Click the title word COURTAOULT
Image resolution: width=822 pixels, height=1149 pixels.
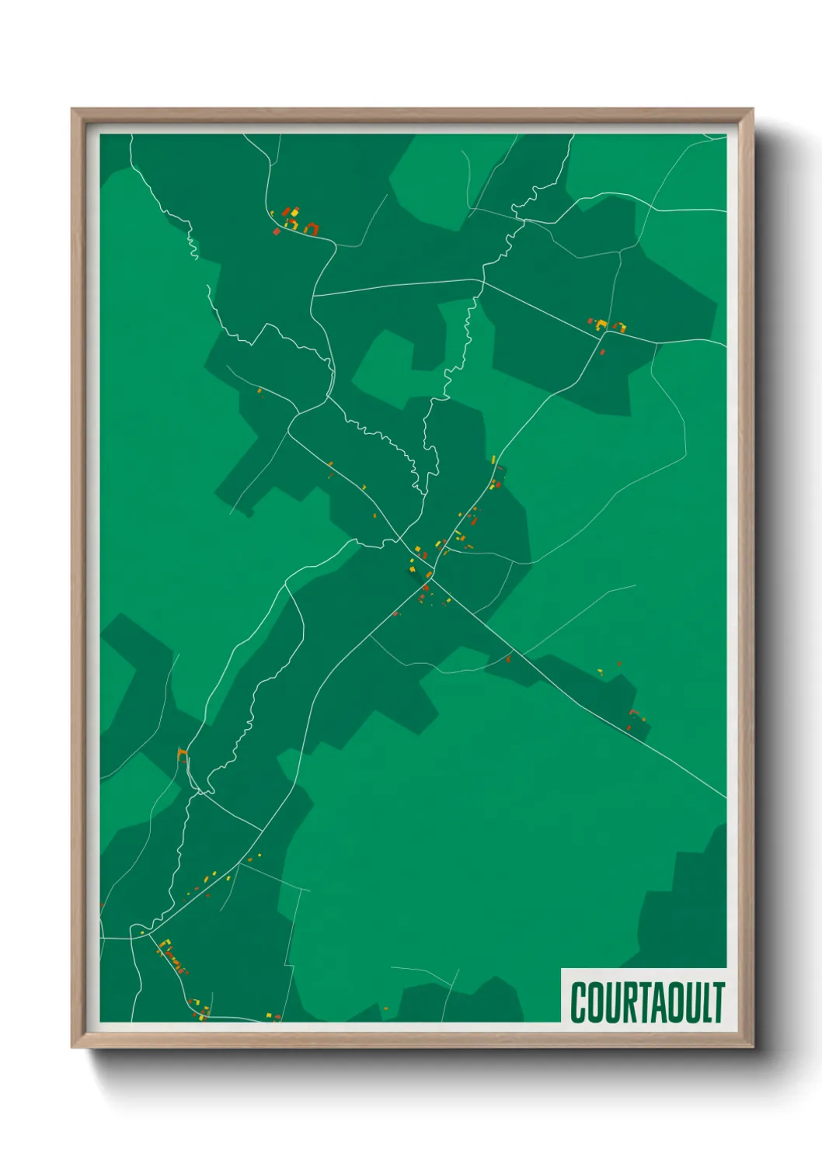647,1002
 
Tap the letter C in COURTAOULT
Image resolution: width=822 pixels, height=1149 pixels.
580,1002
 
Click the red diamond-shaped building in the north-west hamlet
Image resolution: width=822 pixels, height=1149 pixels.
277,231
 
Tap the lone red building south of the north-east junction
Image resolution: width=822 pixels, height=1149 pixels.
602,352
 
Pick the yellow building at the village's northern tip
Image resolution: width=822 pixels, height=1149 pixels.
493,459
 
